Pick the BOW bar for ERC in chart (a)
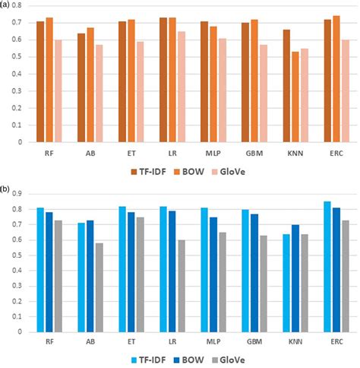pos(336,79)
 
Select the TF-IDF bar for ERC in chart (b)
pos(327,266)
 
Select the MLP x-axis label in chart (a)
pos(213,152)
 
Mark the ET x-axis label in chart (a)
pos(131,152)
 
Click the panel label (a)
pos(6,5)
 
